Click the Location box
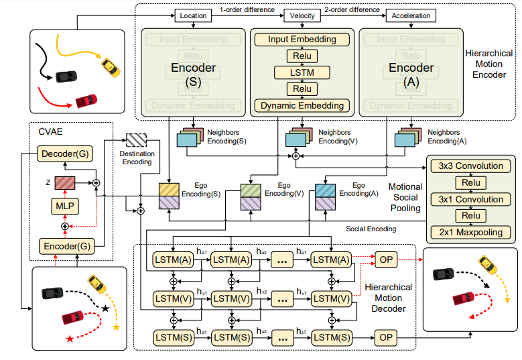[x=194, y=15]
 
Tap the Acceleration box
[x=411, y=15]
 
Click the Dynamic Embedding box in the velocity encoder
[x=302, y=105]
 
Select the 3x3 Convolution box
[x=470, y=166]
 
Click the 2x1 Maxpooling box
[x=470, y=233]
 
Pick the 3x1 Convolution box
[x=470, y=199]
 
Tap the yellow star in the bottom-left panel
[x=117, y=327]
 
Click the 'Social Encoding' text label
[x=371, y=229]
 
